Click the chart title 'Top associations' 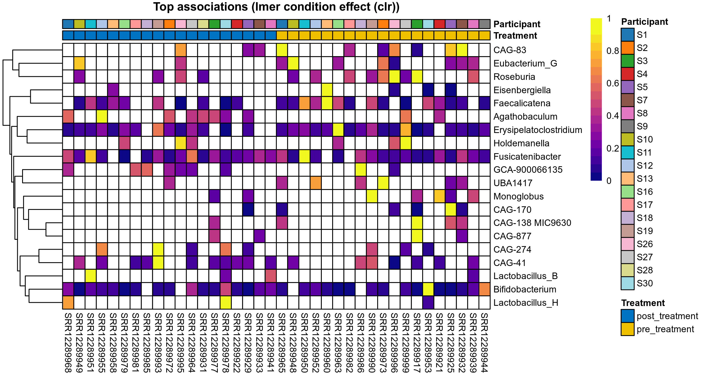pos(276,7)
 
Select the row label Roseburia pos(514,77)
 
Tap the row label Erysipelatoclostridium pos(538,130)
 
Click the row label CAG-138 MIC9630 pos(532,223)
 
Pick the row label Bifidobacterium pos(525,289)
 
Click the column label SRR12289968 pos(68,343)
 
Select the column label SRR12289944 pos(484,343)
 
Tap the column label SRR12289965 pos(282,343)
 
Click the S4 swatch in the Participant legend pos(627,74)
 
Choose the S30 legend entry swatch pos(627,283)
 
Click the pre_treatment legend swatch pos(627,329)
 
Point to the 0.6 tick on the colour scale pos(612,83)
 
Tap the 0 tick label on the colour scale pos(609,181)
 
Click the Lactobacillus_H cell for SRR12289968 pos(68,303)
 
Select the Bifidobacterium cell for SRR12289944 pos(484,289)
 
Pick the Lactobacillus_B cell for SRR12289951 pos(91,276)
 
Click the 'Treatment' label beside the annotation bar pos(515,36)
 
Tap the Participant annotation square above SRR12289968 pos(68,24)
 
